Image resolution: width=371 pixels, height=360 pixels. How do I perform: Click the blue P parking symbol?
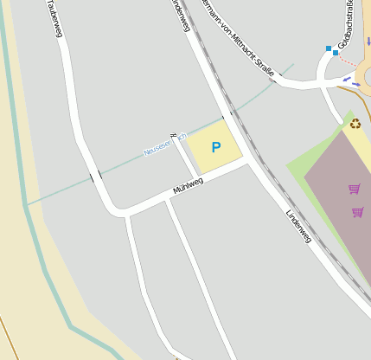coord(215,147)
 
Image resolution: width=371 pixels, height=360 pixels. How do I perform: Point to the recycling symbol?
coord(355,124)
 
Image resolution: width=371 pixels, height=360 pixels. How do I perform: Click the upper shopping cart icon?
coord(354,188)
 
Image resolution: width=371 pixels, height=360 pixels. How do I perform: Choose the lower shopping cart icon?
coord(357,211)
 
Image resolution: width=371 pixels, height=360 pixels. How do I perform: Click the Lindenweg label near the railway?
coord(297,224)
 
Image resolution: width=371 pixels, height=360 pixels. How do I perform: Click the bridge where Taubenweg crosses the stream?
coord(95,176)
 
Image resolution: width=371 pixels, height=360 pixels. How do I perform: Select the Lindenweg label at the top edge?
coord(180,14)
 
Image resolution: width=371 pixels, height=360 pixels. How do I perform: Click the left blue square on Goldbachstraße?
coord(329,48)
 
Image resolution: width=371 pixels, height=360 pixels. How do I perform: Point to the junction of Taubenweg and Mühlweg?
coord(118,210)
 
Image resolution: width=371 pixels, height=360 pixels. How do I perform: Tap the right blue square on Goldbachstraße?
coord(336,53)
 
